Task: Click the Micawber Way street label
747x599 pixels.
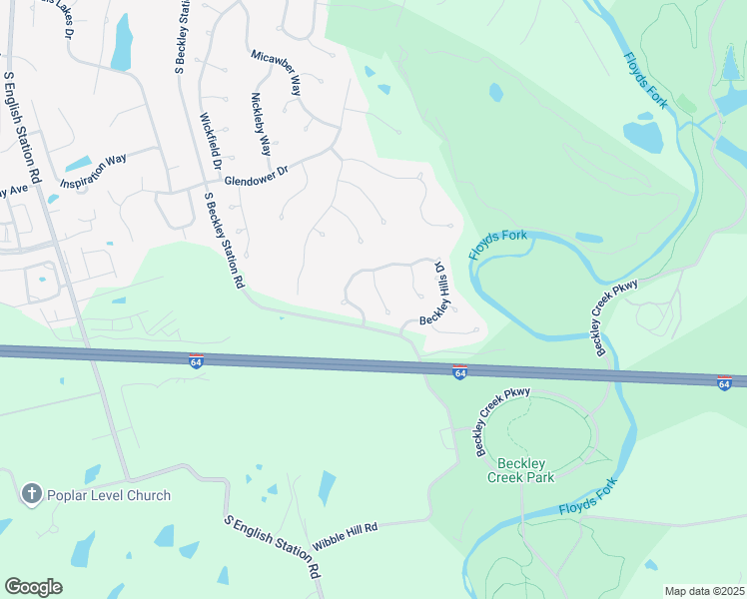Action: tap(277, 71)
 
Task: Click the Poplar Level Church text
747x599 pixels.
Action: tap(110, 495)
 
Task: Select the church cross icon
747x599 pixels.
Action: tap(31, 494)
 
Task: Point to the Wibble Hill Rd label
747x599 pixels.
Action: tap(345, 537)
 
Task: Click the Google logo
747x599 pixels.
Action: tap(33, 586)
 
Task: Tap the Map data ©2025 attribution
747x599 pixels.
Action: tap(703, 591)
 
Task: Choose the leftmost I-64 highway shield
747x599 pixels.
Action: tap(197, 357)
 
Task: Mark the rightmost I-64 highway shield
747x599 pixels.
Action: tap(725, 382)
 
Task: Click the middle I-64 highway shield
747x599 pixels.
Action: tap(458, 371)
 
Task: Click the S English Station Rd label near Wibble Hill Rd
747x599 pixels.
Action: tap(273, 549)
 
